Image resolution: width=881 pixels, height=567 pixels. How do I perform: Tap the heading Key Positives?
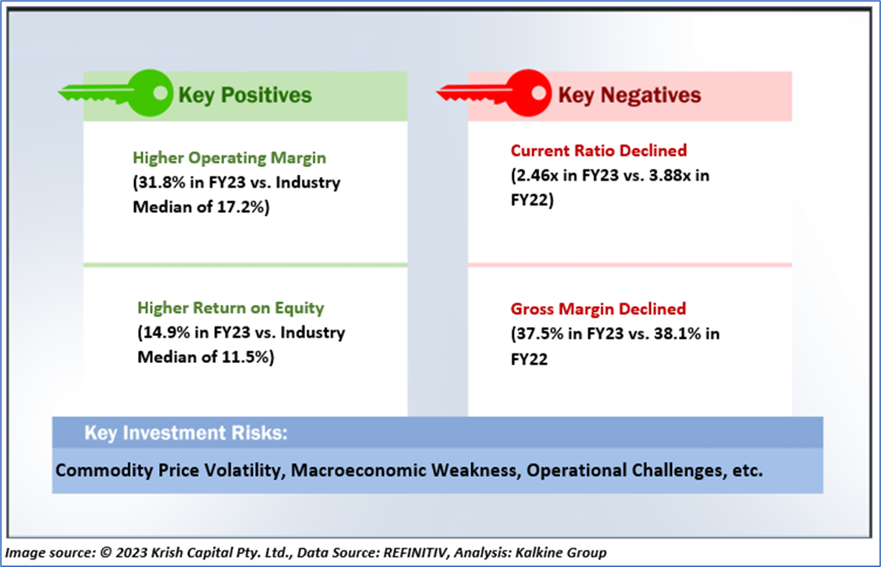tap(245, 95)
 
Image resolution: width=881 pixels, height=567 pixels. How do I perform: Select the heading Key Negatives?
tap(629, 95)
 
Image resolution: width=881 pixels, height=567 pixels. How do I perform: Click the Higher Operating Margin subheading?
tap(229, 158)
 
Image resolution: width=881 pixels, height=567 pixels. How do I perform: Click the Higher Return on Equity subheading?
tap(231, 307)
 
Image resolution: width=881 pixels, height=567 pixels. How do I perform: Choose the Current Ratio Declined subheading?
tap(599, 150)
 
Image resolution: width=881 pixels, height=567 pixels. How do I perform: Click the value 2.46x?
tap(538, 175)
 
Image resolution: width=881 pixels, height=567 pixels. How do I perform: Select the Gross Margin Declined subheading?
tap(599, 309)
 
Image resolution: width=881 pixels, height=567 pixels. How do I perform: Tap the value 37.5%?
tap(539, 334)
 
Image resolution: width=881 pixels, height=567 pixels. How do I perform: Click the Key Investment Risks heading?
tap(186, 433)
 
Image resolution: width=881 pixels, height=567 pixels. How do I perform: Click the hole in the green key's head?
tap(160, 93)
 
